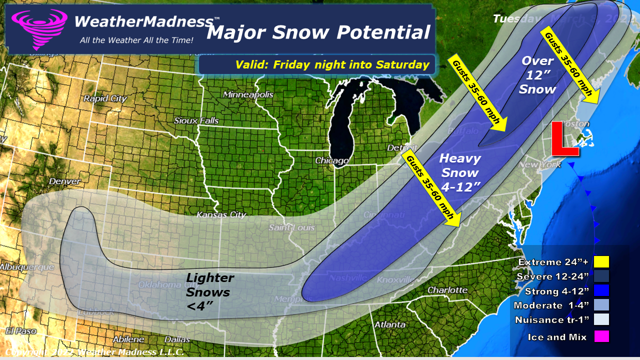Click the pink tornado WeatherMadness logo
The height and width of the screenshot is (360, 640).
tap(39, 29)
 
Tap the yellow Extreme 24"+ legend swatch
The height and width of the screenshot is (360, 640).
tap(601, 262)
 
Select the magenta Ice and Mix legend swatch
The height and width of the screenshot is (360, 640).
tap(601, 337)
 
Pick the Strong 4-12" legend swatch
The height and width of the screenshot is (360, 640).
tap(601, 291)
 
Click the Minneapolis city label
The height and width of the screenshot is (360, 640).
tap(248, 94)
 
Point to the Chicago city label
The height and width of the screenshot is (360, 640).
tap(331, 160)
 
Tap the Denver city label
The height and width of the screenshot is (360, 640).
tap(65, 180)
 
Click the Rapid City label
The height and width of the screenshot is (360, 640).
tap(105, 98)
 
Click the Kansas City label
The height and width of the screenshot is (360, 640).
tap(221, 214)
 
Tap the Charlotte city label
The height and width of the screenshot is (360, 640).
tap(447, 290)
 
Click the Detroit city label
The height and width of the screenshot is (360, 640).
tap(399, 148)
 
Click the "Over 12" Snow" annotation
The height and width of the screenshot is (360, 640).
tap(537, 75)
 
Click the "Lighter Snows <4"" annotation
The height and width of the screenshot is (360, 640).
tap(209, 291)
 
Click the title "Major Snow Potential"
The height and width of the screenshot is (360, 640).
tap(318, 32)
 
